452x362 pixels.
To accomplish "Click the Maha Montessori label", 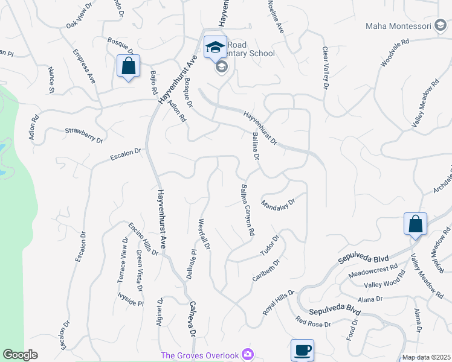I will [398, 26].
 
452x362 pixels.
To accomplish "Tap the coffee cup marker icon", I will [302, 350].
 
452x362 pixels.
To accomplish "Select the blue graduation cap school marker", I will [215, 47].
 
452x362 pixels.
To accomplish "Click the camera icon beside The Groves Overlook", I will [247, 355].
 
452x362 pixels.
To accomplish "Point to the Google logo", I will [20, 355].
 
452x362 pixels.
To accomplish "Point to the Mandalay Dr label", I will [278, 203].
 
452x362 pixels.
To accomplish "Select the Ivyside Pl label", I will [131, 299].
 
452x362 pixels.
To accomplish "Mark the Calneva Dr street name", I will [193, 319].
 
